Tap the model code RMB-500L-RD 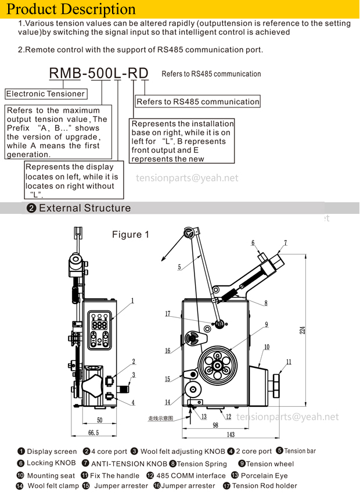click(99, 73)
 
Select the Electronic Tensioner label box click(46, 94)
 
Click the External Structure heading click(84, 208)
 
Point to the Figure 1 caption click(131, 235)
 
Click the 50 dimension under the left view click(99, 420)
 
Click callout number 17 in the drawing click(168, 314)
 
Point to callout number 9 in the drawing click(266, 324)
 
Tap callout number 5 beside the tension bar click(179, 267)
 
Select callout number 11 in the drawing click(288, 362)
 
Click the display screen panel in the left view click(99, 330)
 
